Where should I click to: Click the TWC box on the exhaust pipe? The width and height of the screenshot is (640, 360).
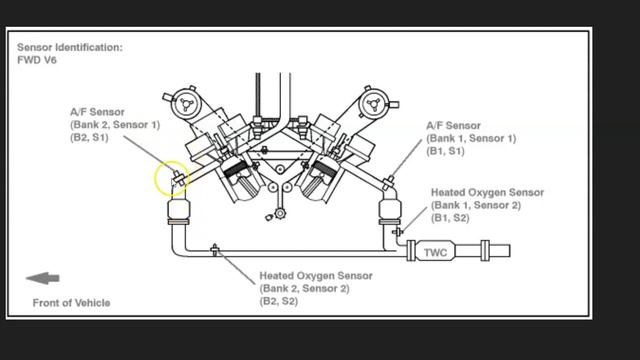click(433, 252)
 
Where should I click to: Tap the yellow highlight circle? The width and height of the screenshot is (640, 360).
click(171, 181)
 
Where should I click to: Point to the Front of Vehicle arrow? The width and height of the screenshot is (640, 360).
click(43, 279)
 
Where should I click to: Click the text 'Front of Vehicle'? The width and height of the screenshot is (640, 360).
click(71, 302)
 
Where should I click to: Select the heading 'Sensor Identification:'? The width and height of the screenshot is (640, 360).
click(70, 47)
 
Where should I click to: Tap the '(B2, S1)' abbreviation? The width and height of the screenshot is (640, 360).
click(90, 138)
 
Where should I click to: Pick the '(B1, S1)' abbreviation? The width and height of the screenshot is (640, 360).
click(446, 152)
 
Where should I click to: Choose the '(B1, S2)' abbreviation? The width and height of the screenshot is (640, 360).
click(451, 218)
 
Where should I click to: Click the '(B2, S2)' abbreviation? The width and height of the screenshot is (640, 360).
click(279, 301)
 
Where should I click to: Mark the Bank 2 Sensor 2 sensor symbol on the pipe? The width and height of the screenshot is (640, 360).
click(215, 249)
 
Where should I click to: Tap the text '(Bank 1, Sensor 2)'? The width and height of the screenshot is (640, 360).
click(476, 205)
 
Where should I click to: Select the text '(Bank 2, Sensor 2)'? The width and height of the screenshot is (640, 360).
click(304, 288)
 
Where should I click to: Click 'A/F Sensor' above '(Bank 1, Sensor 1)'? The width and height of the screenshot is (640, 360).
click(453, 126)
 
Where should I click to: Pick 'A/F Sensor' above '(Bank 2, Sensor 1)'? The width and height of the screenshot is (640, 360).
click(97, 112)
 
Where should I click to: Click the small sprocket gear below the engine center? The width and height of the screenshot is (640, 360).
click(273, 214)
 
